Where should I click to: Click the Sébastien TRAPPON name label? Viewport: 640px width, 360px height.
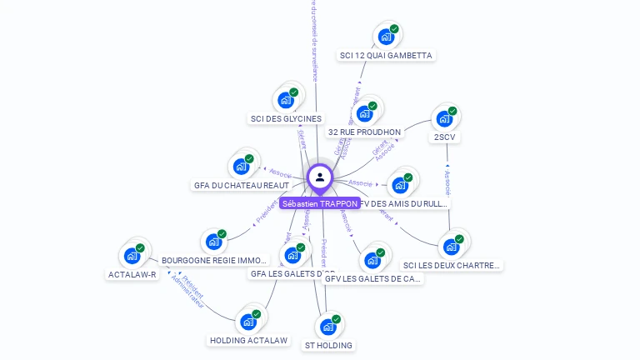coord(320,203)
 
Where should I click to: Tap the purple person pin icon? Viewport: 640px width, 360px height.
coord(320,177)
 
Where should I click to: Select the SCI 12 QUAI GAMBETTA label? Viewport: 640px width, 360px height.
coord(386,56)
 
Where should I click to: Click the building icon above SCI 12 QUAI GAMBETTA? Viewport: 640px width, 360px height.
coord(386,37)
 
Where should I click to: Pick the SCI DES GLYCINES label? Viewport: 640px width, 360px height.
coord(286,119)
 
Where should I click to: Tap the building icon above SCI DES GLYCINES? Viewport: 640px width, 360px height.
coord(286,100)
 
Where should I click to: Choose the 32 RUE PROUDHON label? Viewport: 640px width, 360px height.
coord(364,132)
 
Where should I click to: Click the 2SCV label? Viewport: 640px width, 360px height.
coord(445,137)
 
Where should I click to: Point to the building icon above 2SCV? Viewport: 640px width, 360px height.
coord(445,118)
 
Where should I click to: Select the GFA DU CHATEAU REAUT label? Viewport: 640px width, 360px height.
coord(242,185)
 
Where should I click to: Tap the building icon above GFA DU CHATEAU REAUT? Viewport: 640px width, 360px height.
coord(242,166)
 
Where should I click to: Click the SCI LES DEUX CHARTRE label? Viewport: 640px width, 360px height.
coord(452,266)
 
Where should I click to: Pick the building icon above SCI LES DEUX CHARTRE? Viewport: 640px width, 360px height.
coord(452,247)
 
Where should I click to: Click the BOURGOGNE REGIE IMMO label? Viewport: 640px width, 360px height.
coord(214,261)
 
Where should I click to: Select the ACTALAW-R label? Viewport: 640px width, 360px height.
coord(132,274)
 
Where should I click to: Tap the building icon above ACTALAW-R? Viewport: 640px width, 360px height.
coord(132,256)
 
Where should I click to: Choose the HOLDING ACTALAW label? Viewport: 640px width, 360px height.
coord(248,341)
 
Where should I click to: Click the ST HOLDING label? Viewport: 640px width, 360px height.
coord(328,345)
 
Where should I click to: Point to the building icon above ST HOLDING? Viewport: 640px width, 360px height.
coord(328,327)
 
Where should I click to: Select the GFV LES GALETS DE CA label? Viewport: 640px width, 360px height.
coord(372,279)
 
